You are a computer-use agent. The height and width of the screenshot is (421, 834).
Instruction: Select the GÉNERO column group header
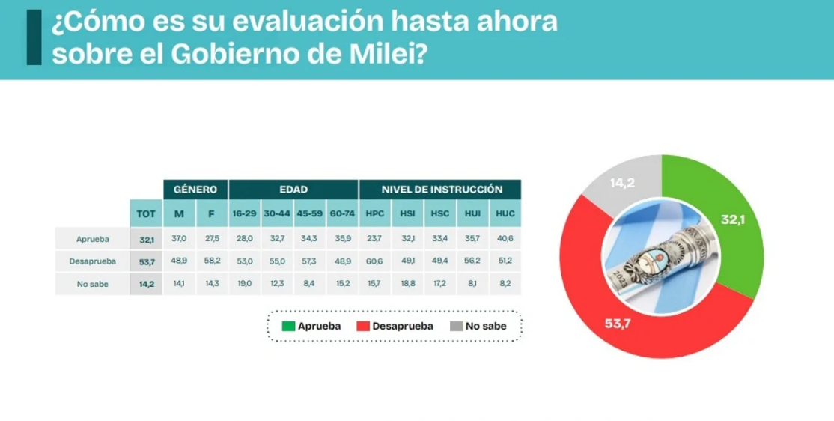pos(195,190)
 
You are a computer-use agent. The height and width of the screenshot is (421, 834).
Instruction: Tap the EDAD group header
pos(293,190)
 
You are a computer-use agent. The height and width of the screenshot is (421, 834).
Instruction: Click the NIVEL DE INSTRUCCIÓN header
pos(440,190)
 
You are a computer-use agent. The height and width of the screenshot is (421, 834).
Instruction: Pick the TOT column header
pos(146,213)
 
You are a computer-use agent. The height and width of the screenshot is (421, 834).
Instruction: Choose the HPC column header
pos(375,213)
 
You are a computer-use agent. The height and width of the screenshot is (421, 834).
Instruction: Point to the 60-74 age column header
pos(341,213)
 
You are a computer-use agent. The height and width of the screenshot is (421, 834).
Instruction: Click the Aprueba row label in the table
pos(93,239)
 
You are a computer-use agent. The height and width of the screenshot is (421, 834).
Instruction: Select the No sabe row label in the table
pos(93,284)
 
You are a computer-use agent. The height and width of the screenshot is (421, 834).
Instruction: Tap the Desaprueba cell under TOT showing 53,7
pos(146,261)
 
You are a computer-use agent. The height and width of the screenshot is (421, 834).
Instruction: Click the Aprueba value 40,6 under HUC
pos(505,239)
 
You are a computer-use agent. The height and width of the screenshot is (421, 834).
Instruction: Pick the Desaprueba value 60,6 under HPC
pos(375,261)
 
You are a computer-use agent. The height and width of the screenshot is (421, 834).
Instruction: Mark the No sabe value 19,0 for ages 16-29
pos(244,284)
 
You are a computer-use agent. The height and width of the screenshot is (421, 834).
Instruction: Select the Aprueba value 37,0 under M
pos(179,239)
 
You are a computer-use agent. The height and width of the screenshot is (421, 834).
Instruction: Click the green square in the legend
pos(288,326)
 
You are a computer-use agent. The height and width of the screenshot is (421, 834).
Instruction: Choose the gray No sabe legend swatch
pos(457,326)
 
